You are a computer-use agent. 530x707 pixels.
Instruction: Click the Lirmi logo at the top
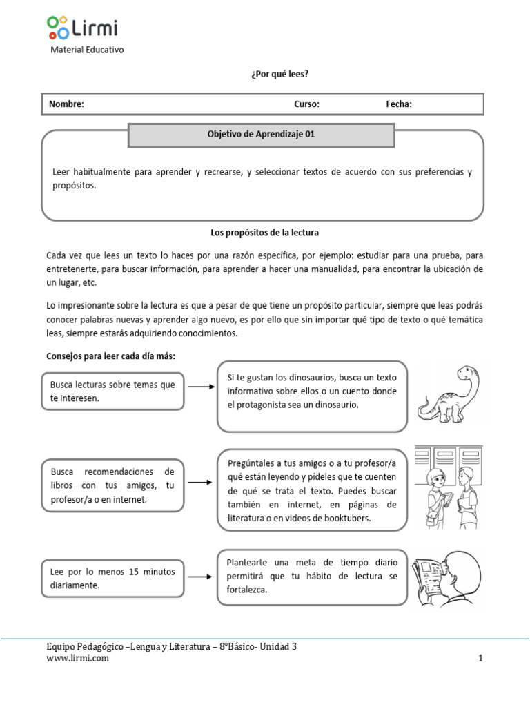[x=82, y=28]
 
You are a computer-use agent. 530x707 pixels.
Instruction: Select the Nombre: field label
[x=66, y=104]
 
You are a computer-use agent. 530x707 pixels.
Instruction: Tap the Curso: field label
[x=306, y=104]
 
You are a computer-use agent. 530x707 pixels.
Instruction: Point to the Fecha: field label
[x=399, y=104]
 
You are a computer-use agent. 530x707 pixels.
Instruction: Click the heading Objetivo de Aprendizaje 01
[x=261, y=135]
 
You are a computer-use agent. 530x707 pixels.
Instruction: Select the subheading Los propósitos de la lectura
[x=264, y=233]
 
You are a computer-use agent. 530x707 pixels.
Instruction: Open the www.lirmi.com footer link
[x=77, y=659]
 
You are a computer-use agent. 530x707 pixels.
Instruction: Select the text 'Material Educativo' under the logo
[x=88, y=50]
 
